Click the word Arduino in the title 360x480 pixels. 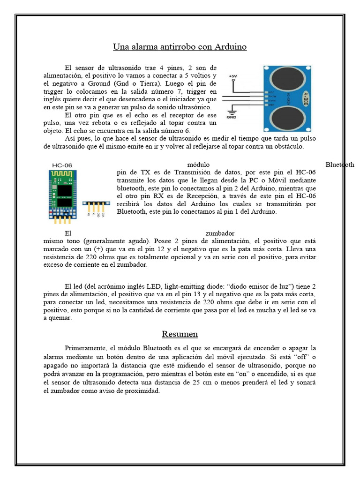[231, 47]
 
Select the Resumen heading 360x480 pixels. [180, 334]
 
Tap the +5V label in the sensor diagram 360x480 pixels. [233, 76]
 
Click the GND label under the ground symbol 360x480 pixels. [232, 118]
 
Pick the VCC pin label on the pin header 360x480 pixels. [104, 213]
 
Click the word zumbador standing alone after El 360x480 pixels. [220, 232]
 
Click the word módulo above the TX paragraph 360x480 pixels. [198, 165]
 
